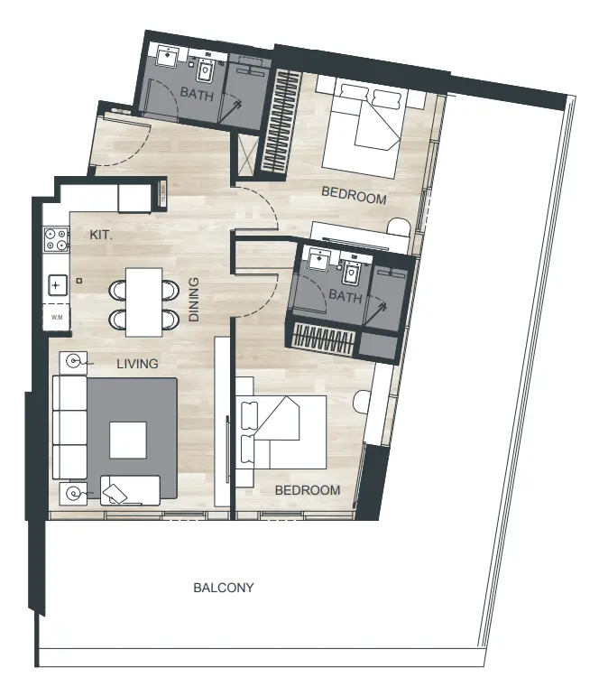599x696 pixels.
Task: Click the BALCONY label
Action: (x=224, y=588)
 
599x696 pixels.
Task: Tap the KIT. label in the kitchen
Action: (x=100, y=234)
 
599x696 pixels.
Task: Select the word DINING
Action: (x=194, y=299)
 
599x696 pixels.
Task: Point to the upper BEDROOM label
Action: (x=355, y=199)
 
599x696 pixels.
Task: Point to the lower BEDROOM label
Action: (x=308, y=490)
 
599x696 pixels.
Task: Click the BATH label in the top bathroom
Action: (x=196, y=93)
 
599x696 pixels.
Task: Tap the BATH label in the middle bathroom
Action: (x=345, y=296)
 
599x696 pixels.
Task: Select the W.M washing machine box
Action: (x=56, y=317)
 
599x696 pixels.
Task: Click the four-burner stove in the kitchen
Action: (x=56, y=239)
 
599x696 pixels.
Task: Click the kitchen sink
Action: (x=56, y=285)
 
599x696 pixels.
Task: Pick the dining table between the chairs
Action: (x=144, y=302)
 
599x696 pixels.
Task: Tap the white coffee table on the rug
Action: (x=127, y=441)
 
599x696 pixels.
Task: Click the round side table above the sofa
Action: (x=73, y=363)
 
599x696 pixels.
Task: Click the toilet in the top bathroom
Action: (x=206, y=68)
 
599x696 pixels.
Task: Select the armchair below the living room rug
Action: (x=129, y=490)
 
